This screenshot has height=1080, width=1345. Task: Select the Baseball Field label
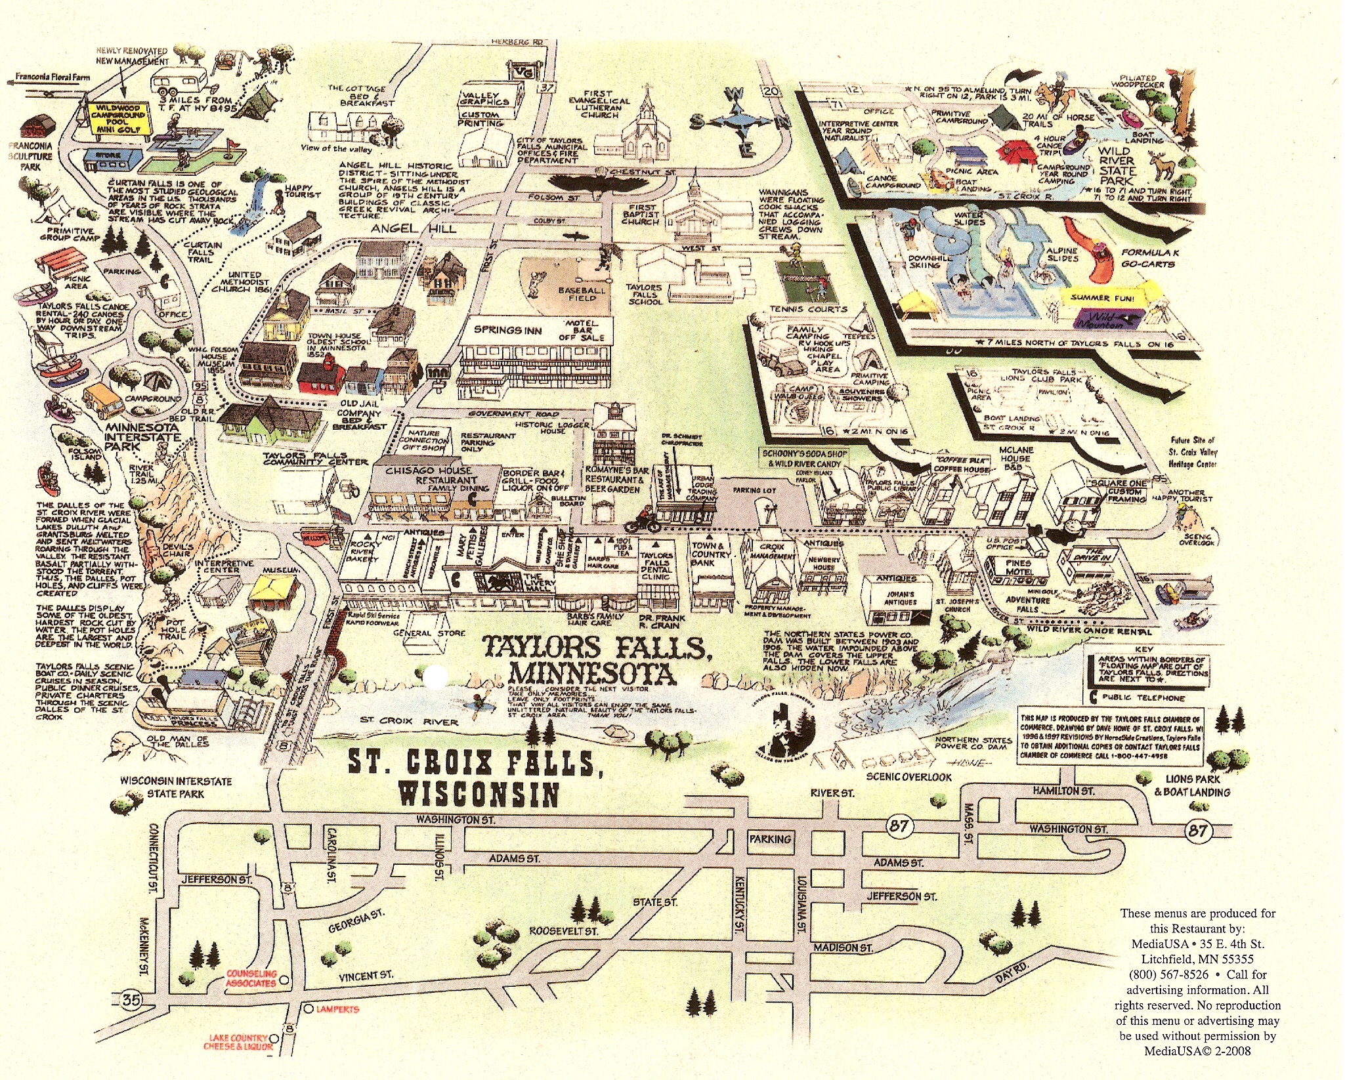pos(582,294)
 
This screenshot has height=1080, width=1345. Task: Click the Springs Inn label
pos(508,330)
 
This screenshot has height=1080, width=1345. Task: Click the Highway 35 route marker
pos(131,1000)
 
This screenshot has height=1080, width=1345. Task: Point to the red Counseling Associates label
pos(251,978)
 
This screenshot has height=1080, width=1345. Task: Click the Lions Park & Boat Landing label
pos(1192,785)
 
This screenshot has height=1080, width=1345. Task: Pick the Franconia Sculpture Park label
pos(30,156)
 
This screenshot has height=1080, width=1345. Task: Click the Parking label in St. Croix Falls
pos(770,839)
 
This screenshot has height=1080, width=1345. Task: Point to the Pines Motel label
pos(1018,567)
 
